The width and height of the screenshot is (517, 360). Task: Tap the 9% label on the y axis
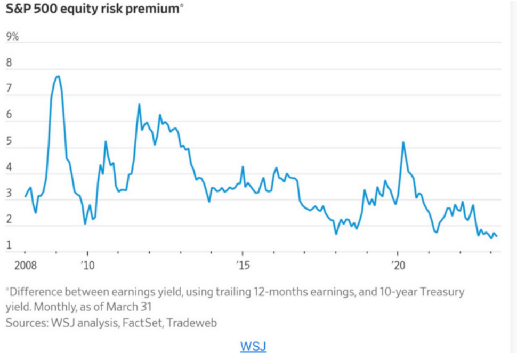click(x=12, y=36)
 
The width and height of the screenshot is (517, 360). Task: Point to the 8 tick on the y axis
click(x=9, y=62)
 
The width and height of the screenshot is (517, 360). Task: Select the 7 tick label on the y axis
click(x=9, y=89)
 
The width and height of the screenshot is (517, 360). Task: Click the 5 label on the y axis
click(x=9, y=141)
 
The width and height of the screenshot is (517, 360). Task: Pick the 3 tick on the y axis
click(x=9, y=193)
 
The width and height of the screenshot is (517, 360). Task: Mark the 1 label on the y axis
click(x=9, y=245)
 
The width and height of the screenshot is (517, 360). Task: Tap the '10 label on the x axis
click(x=87, y=265)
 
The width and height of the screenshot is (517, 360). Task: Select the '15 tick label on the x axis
click(x=243, y=265)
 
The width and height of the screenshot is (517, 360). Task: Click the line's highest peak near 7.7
click(x=58, y=76)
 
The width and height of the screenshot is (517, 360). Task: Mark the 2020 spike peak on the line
click(x=403, y=142)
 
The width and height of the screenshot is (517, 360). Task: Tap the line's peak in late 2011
click(x=139, y=105)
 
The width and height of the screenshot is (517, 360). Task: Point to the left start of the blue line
click(x=25, y=197)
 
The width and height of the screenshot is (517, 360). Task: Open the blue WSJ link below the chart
click(x=253, y=346)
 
